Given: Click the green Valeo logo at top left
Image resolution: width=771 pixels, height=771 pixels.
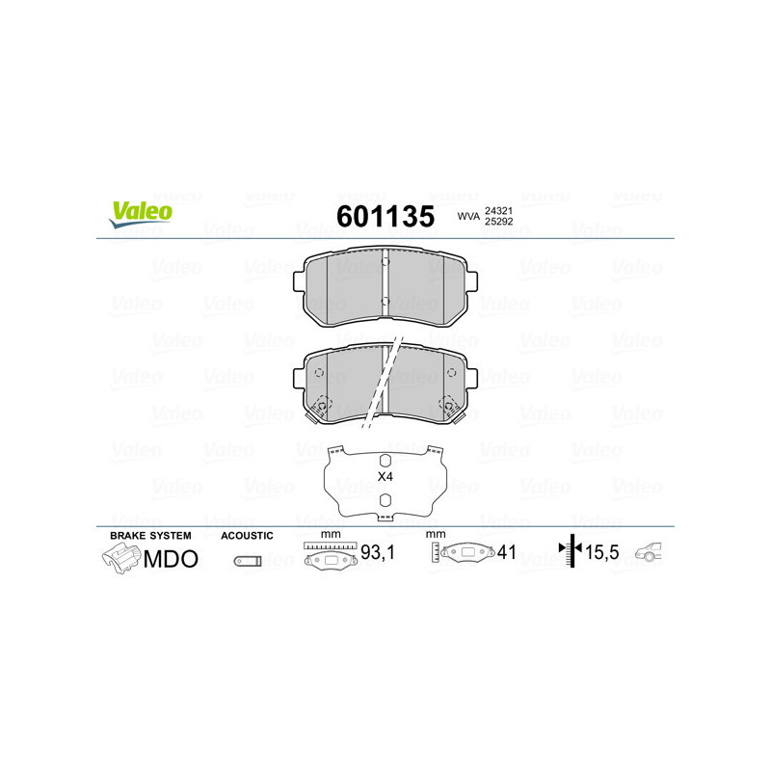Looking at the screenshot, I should pos(141,214).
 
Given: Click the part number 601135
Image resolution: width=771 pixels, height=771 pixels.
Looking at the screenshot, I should pos(385,216).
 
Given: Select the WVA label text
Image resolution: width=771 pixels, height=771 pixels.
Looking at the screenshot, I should pos(468,217).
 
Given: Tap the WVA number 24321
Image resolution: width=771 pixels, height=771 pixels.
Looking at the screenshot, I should pos(498,210).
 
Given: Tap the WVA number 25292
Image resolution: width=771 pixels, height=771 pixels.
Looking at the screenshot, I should pos(498,223).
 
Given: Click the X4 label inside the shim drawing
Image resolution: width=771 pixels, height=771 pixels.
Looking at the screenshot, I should pos(385,477).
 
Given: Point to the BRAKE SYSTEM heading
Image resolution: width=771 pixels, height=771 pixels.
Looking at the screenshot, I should pos(150,535).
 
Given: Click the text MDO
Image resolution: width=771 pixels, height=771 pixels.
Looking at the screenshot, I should pos(171,559).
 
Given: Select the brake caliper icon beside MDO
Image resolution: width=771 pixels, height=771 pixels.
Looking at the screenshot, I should pos(120,558).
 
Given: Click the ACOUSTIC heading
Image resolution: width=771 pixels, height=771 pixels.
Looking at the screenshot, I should pos(248,535).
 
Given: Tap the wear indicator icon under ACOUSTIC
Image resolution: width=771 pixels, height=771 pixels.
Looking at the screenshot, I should pos(248,561).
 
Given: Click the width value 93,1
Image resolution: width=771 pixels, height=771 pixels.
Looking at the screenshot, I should pos(377,554).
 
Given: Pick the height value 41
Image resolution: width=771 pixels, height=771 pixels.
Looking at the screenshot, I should pos(507,553).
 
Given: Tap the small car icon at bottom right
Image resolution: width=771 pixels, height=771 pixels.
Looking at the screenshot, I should pos(652,553).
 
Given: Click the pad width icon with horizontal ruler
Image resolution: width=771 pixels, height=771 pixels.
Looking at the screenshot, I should pos(329,556).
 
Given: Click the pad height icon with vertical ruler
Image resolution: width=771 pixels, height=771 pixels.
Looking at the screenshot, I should pos(464,553).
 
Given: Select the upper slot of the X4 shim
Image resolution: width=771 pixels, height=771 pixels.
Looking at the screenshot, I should pos(385,460).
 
